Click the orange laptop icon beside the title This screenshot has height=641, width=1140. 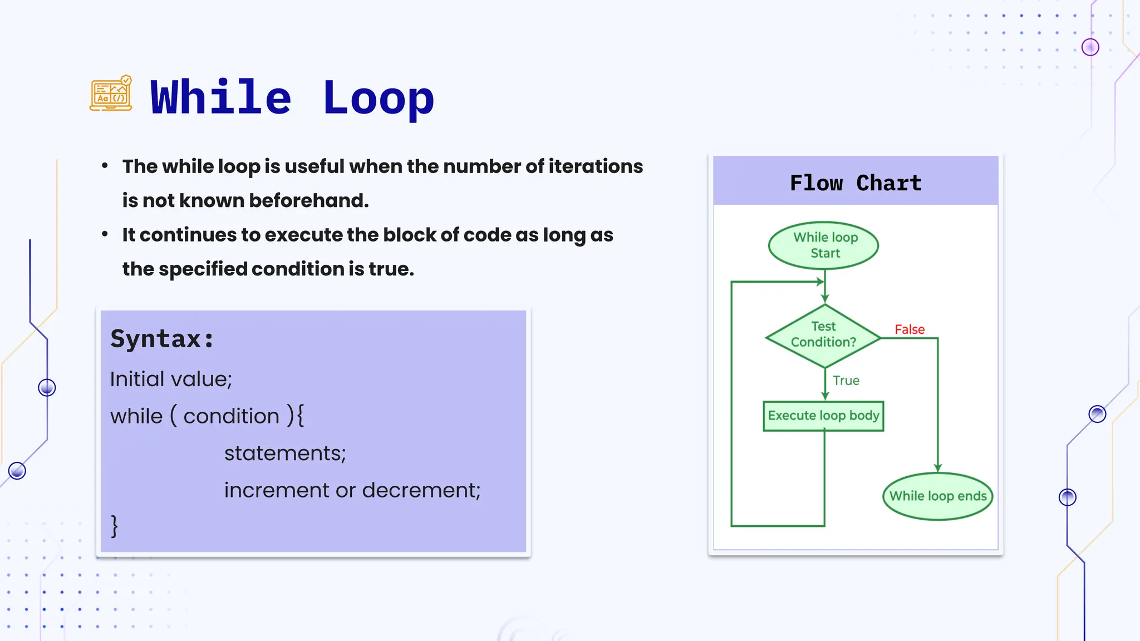[x=111, y=93]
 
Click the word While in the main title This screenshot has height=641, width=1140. [x=221, y=98]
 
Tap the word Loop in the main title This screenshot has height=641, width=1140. [x=378, y=98]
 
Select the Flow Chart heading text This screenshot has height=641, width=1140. [x=856, y=183]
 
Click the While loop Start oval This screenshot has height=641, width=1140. [x=824, y=245]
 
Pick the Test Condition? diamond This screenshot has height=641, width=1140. [x=823, y=336]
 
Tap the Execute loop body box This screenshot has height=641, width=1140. [x=823, y=416]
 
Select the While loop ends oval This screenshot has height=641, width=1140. [x=938, y=496]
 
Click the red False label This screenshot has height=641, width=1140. [x=910, y=329]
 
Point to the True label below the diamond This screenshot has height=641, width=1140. [x=846, y=381]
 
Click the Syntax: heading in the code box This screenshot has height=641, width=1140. [x=162, y=339]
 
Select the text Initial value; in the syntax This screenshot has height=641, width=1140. [x=171, y=379]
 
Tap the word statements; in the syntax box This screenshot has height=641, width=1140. [x=285, y=453]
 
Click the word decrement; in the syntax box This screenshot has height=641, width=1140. [x=421, y=490]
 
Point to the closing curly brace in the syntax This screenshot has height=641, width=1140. [x=115, y=526]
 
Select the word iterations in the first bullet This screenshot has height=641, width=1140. [x=596, y=166]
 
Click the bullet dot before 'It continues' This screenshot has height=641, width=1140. [x=105, y=234]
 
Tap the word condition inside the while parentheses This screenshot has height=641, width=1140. [x=231, y=416]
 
